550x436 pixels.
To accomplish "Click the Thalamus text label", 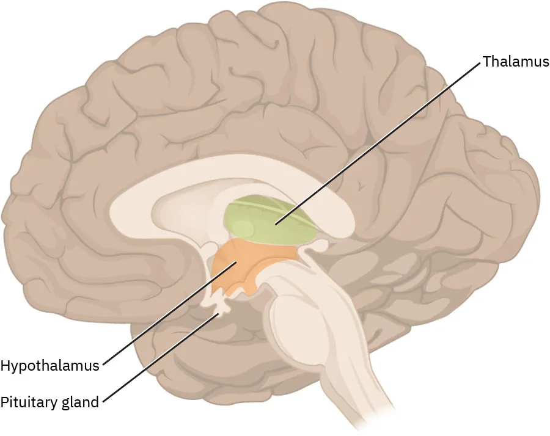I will tap(515, 62).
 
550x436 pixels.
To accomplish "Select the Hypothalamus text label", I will tap(50, 366).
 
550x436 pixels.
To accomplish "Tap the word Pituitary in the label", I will tap(27, 402).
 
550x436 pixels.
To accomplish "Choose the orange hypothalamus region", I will tap(244, 269).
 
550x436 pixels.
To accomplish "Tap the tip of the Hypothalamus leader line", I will tap(237, 263).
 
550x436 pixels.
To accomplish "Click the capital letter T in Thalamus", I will tap(486, 62).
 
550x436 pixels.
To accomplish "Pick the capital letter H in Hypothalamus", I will tap(5, 366).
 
